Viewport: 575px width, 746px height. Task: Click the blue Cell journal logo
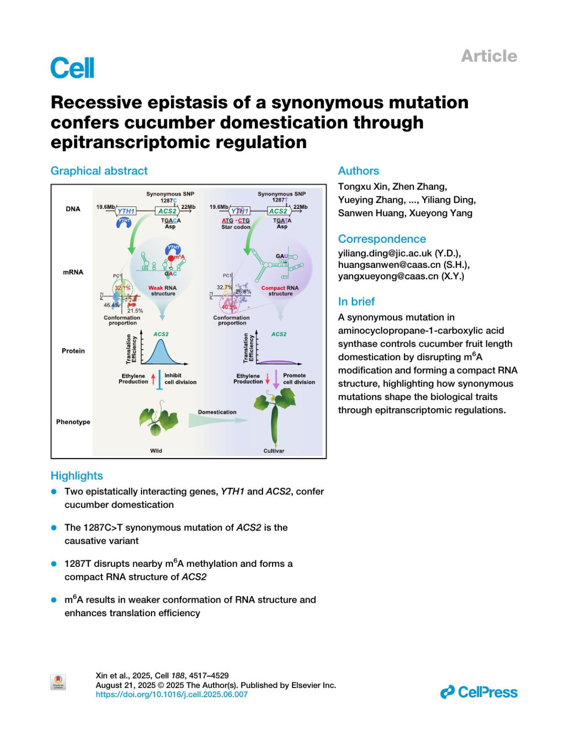point(72,68)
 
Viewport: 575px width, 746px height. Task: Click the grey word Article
point(489,56)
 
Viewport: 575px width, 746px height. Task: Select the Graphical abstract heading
point(99,171)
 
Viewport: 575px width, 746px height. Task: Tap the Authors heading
point(358,171)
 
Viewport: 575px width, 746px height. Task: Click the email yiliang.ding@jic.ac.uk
point(385,253)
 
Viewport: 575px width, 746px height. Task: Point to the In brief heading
point(356,301)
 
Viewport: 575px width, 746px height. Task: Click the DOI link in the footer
point(172,694)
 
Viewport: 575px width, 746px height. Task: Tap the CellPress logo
point(479,692)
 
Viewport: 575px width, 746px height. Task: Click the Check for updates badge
point(58,682)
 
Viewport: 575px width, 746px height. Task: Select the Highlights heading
point(77,476)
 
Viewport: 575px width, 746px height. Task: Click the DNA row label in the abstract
point(73,209)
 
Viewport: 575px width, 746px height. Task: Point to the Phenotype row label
point(73,422)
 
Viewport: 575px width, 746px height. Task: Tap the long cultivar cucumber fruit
point(274,424)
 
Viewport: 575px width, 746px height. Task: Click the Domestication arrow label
point(217,412)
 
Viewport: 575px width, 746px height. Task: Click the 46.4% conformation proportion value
point(112,305)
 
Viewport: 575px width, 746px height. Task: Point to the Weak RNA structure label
point(162,291)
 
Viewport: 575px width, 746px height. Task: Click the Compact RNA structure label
point(280,291)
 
